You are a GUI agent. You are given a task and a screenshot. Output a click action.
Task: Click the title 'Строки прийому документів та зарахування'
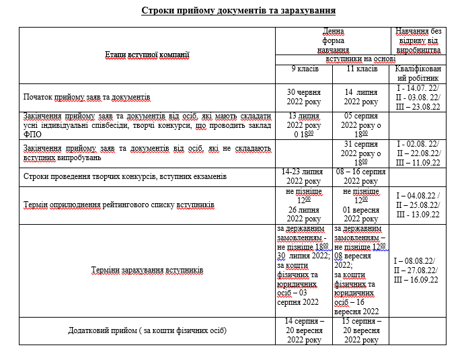coord(238,11)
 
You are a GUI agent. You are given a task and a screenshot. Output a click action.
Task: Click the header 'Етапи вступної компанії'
coord(147,55)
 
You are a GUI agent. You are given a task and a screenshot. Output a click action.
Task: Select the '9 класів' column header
coord(304,69)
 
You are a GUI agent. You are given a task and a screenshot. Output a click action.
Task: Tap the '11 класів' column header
coord(362,69)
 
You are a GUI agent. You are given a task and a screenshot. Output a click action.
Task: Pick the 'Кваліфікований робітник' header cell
coord(418,74)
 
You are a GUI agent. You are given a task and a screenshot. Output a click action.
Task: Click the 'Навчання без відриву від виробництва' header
coord(418,40)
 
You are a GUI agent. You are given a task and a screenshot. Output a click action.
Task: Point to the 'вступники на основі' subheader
coord(361,59)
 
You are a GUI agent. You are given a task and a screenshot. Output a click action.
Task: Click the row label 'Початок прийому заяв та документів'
coord(87,97)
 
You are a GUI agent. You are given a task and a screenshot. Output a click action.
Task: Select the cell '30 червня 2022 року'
coord(304,97)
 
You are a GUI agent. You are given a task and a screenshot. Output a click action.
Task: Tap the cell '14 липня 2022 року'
coord(362,97)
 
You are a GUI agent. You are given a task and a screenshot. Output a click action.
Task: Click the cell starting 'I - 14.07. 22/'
coord(418,97)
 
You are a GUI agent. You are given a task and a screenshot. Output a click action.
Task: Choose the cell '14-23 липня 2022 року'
coord(304,176)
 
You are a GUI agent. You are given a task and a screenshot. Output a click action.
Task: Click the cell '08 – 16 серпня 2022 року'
coord(362,176)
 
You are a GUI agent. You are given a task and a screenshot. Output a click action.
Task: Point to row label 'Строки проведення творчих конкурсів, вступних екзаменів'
coord(125,176)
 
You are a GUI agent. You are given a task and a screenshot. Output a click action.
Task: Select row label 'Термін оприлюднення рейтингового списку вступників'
coord(119,204)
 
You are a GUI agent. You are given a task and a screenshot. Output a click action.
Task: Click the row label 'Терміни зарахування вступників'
coord(147,270)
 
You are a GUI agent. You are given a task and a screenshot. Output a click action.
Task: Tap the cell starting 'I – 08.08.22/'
coord(418,271)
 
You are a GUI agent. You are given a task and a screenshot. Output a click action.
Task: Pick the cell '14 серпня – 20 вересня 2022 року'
coord(304,330)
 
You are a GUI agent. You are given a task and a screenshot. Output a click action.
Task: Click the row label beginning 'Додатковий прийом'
coord(147,330)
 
